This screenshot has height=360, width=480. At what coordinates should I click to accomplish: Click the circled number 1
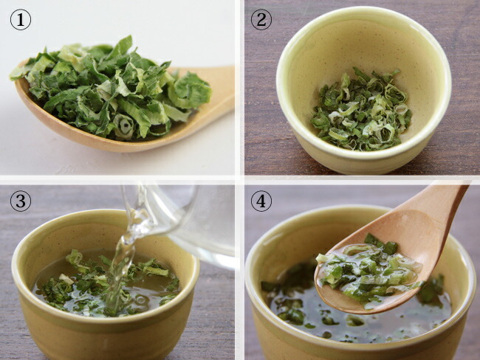21,20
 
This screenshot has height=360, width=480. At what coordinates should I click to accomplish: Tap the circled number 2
261,20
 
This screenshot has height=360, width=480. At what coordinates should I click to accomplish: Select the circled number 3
21,201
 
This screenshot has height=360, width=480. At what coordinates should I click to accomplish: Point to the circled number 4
261,201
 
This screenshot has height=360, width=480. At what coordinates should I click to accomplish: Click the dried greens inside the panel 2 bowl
361,110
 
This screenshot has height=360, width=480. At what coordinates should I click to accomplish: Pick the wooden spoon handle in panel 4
441,211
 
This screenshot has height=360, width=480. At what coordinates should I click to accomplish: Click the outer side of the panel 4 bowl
355,352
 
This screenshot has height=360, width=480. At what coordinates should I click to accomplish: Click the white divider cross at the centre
240,179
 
